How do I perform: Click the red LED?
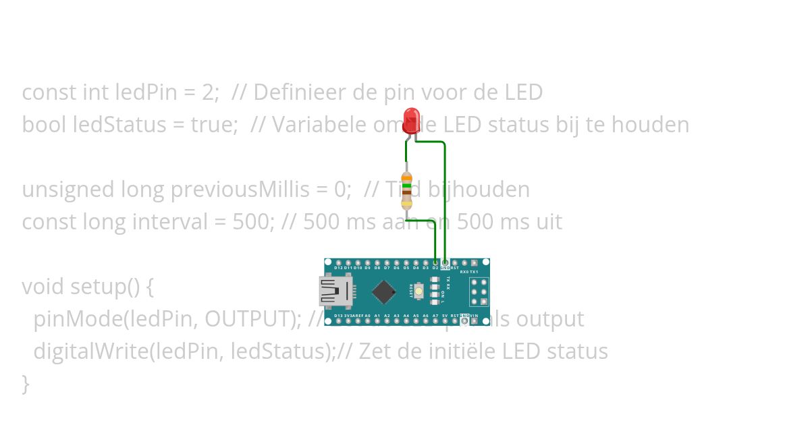pos(410,121)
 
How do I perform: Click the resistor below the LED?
pos(406,191)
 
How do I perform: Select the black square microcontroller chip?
pos(383,291)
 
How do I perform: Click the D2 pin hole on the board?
pos(435,262)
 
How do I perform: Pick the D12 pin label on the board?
pos(338,268)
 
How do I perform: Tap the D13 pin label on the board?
pos(338,315)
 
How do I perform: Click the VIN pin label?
pos(475,315)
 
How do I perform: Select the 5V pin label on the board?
pos(445,315)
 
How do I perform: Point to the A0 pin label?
pos(367,315)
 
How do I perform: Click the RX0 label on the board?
pos(464,272)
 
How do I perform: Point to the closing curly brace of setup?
pos(26,384)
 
